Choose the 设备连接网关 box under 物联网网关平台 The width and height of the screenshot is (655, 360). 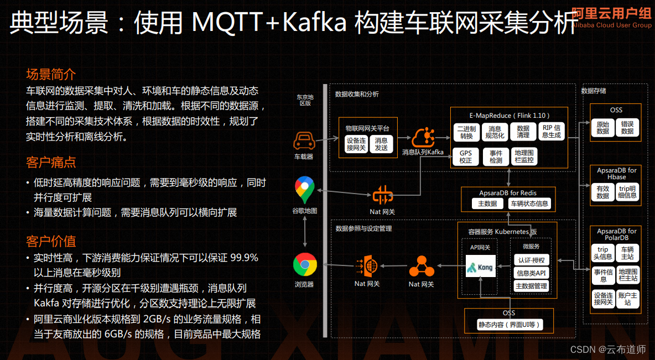355,144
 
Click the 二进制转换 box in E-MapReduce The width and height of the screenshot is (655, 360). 466,132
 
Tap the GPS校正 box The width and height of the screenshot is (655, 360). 466,156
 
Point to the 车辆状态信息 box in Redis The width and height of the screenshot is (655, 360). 529,204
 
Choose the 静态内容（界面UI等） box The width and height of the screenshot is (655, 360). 509,325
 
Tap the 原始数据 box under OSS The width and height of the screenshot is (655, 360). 603,128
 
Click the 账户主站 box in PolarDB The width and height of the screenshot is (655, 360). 628,299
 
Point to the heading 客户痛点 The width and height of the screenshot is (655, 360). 51,162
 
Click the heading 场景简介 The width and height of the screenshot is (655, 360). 51,74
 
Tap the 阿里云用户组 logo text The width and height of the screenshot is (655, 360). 611,13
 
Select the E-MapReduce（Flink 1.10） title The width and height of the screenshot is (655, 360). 509,115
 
